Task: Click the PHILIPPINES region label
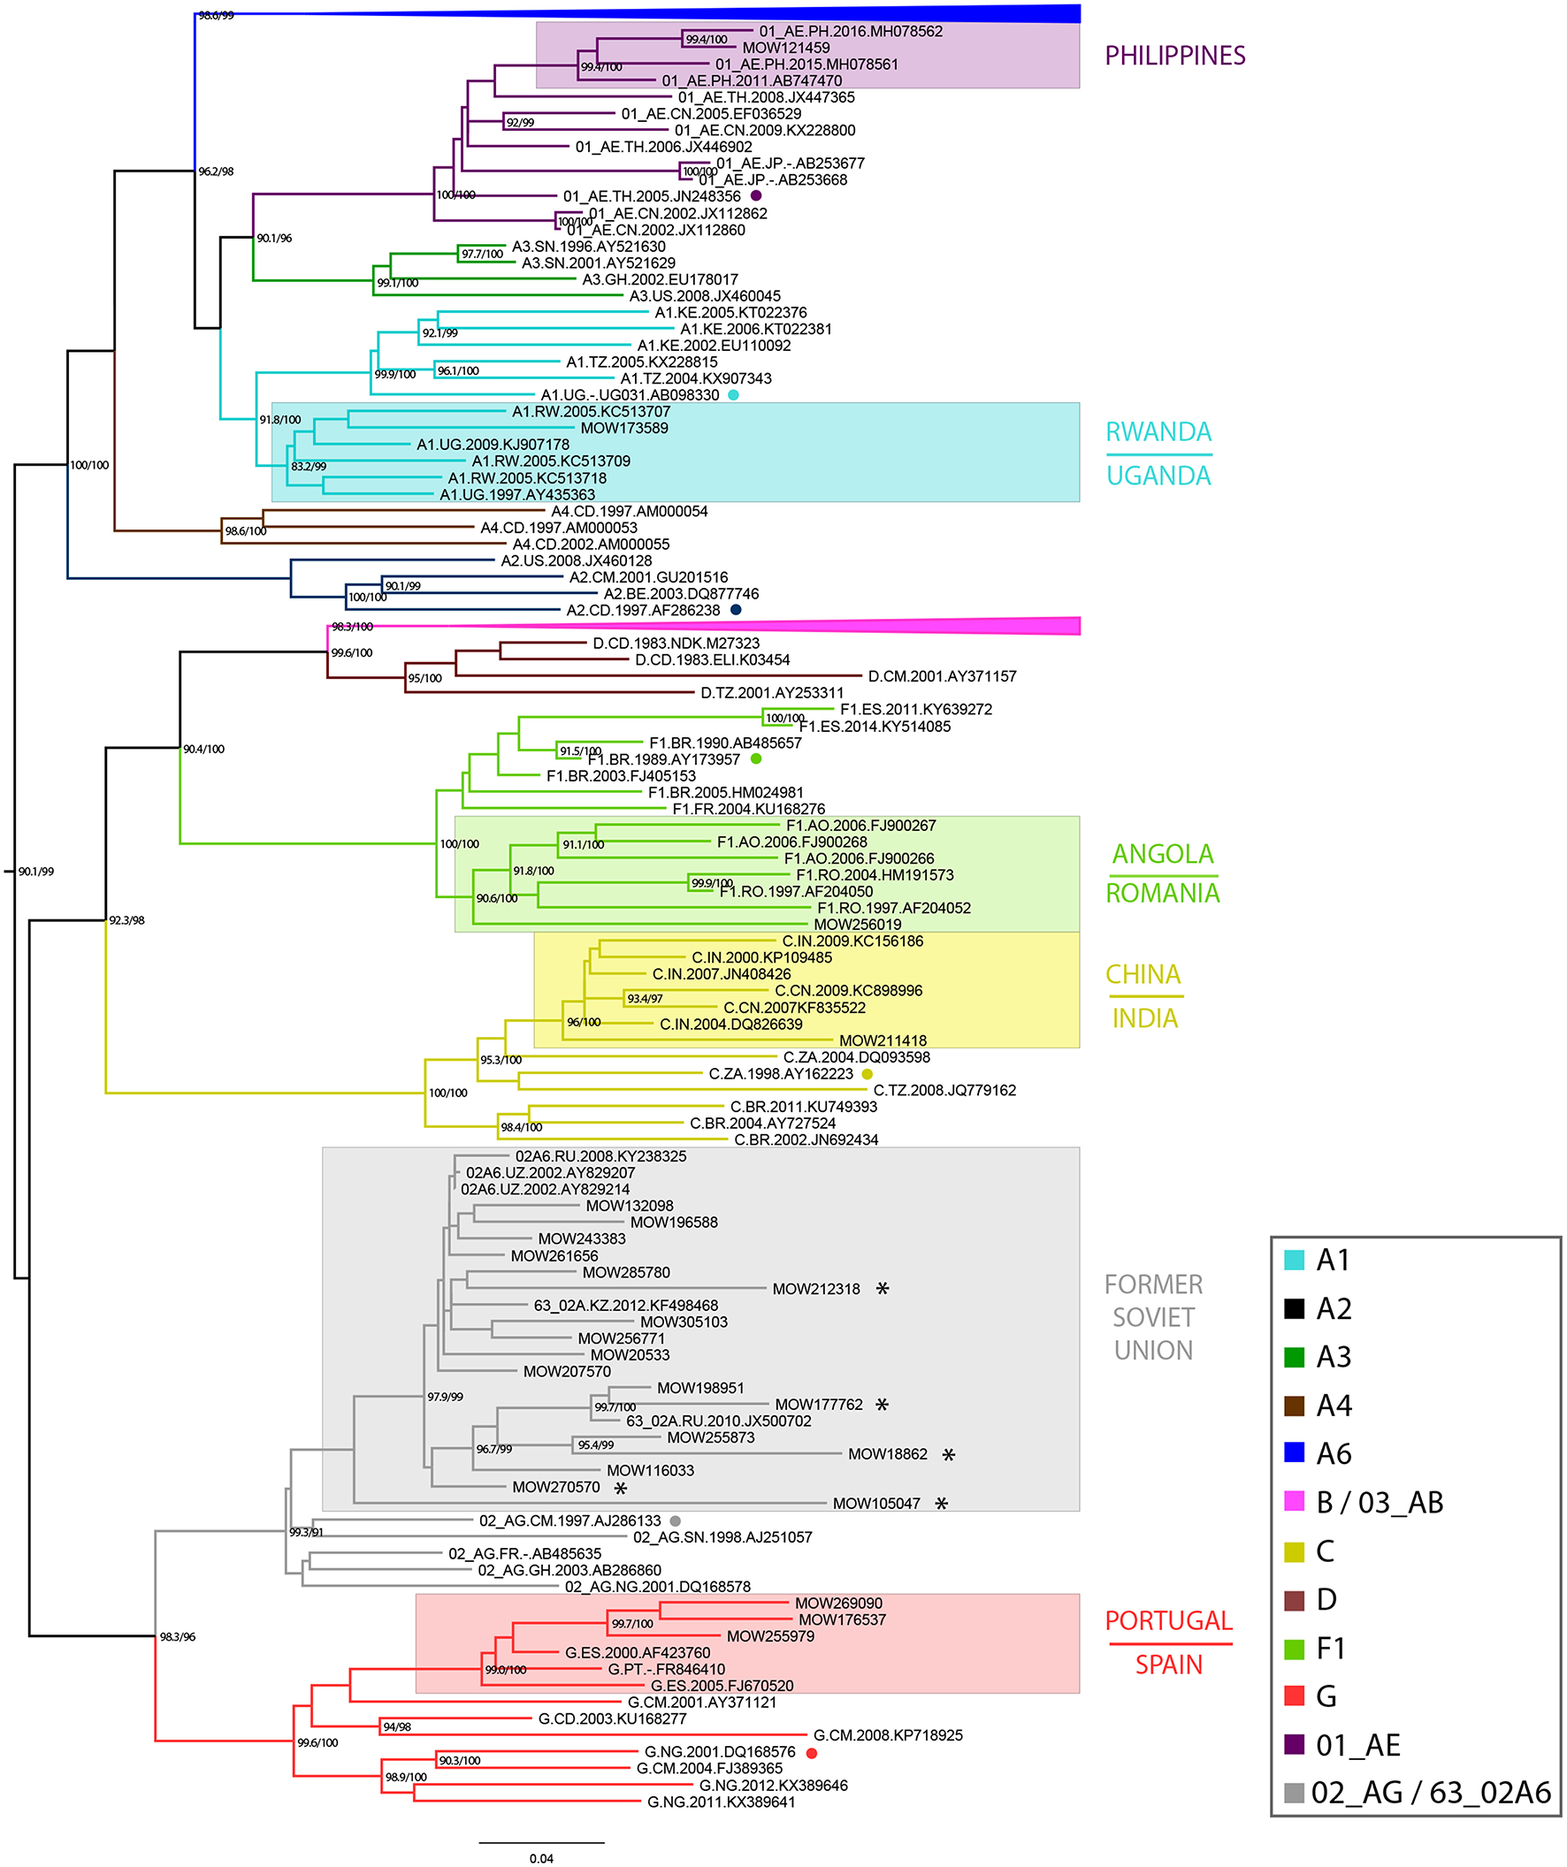1173,56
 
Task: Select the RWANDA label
1158,432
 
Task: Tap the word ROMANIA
1161,893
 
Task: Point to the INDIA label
1144,1018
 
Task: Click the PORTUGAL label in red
1167,1620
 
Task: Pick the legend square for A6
1294,1452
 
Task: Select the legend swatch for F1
1294,1649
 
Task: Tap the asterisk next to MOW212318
883,1288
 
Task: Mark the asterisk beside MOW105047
941,1504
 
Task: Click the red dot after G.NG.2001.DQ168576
811,1753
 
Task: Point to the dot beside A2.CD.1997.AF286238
736,610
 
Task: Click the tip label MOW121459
785,48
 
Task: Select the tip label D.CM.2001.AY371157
941,676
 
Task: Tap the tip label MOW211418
883,1040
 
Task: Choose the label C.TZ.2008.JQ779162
944,1090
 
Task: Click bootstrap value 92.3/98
126,920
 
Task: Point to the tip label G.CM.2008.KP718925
888,1735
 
